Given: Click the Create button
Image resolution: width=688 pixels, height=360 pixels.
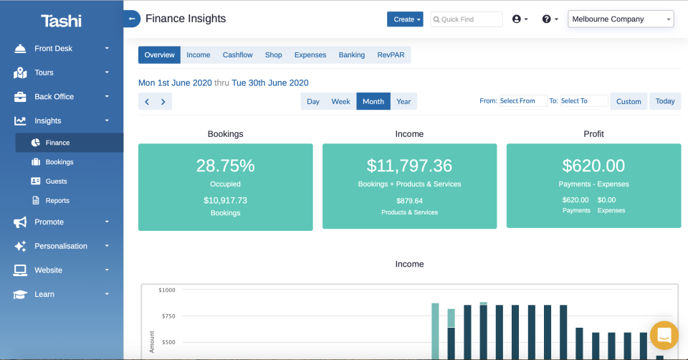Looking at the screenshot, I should [405, 19].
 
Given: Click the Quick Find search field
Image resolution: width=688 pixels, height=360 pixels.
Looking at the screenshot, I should [467, 19].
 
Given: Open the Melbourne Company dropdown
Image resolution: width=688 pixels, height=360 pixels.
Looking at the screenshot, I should [621, 19].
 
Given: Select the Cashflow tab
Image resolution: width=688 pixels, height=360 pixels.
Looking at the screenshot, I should [236, 55].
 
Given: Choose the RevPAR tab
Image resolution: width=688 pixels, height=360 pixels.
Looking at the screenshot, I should [391, 55].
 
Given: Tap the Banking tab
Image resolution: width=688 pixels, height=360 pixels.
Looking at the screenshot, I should [352, 55].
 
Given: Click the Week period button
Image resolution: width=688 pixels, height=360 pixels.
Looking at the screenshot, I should [340, 102].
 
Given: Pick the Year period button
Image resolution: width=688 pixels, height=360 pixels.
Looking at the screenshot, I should [403, 102].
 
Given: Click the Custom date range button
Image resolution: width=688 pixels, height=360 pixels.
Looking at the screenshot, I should [629, 102].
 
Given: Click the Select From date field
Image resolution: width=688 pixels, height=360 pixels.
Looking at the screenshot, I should [522, 101].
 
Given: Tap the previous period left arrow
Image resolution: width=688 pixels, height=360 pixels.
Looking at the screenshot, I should [147, 102].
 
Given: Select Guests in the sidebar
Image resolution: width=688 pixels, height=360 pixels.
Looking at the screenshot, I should [56, 181].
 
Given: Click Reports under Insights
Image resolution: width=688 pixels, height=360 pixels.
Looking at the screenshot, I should [57, 201].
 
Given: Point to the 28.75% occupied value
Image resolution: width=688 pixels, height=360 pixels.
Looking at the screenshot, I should [225, 166].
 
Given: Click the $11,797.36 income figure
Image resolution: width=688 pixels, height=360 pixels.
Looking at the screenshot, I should [409, 166].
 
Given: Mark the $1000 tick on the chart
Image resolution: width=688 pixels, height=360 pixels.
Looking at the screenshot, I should [166, 290].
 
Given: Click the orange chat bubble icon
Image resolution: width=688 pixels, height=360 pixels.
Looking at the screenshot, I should [664, 335].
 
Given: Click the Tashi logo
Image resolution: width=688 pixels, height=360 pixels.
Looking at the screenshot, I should [61, 21].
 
